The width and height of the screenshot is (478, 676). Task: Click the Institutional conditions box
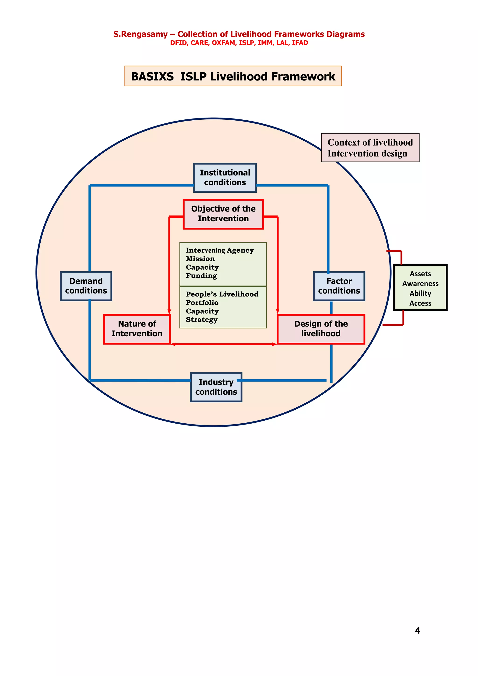pyautogui.click(x=225, y=178)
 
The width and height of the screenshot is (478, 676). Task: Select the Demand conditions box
pyautogui.click(x=86, y=286)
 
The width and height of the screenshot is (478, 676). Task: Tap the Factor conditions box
pyautogui.click(x=339, y=286)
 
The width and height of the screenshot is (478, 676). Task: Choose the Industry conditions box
pyautogui.click(x=216, y=387)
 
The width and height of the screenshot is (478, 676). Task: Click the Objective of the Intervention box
pyautogui.click(x=223, y=214)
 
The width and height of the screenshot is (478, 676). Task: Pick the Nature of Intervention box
pyautogui.click(x=137, y=329)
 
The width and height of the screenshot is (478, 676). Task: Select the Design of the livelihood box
pyautogui.click(x=321, y=329)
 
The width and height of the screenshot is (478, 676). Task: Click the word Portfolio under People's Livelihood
pyautogui.click(x=202, y=303)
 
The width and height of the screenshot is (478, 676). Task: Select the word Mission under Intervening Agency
pyautogui.click(x=200, y=258)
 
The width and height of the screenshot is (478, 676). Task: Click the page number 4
pyautogui.click(x=417, y=630)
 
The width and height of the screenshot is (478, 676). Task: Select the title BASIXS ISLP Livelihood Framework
pyautogui.click(x=233, y=76)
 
